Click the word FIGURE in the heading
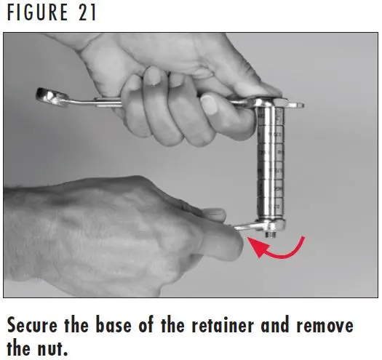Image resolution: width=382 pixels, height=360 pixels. (x=38, y=12)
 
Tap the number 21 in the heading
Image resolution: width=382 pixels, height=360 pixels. (x=87, y=12)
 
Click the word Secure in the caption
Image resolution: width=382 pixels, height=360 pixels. (x=32, y=325)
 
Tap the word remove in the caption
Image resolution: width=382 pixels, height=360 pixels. (x=325, y=326)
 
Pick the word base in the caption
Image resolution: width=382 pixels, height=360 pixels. (x=114, y=325)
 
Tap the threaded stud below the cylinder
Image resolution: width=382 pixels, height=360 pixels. (x=271, y=234)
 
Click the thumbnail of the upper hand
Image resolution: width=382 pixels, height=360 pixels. (x=209, y=104)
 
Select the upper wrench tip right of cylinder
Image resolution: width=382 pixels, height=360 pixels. (x=295, y=105)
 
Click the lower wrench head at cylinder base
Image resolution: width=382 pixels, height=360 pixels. (x=271, y=225)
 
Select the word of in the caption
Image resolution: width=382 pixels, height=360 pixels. (x=146, y=325)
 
